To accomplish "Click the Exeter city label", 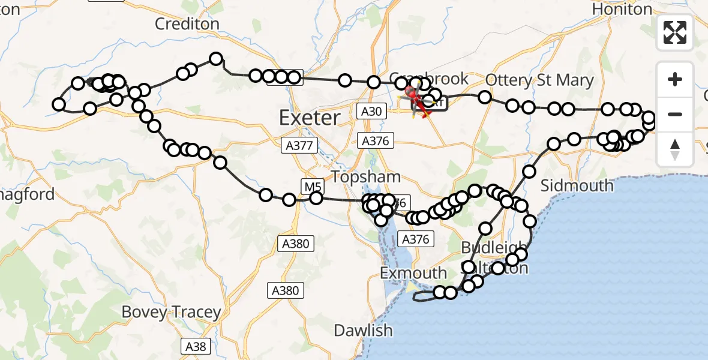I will [x=310, y=118].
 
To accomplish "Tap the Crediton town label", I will [x=187, y=24].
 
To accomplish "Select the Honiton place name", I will [x=622, y=10].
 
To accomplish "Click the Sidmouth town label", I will [x=577, y=185].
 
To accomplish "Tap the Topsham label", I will [x=365, y=177].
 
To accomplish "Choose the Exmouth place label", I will [x=413, y=274].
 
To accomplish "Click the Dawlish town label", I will [x=363, y=330].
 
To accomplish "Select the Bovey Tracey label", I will [x=171, y=312].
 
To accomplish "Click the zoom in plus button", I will [x=675, y=79].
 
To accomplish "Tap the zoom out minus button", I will [x=675, y=114].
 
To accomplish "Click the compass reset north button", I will [x=675, y=149].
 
